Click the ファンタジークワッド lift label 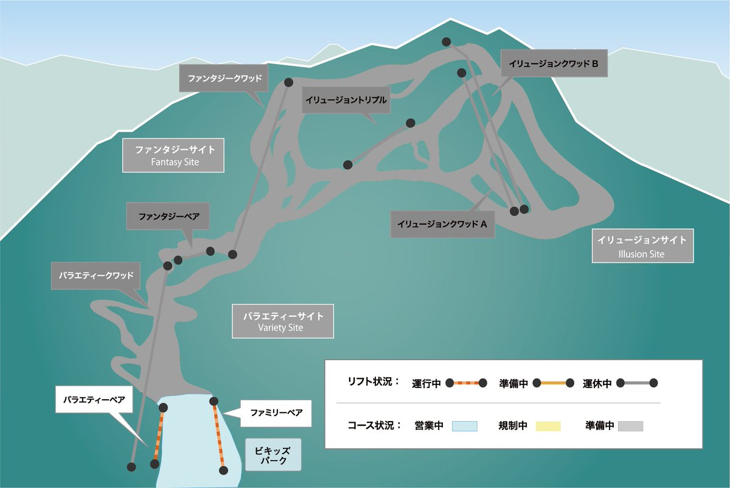click(224, 79)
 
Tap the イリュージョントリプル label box click(346, 100)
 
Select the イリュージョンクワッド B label click(554, 63)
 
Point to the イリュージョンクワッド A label click(443, 224)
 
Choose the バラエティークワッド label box click(96, 275)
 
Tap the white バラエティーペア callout click(94, 400)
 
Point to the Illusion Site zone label click(642, 246)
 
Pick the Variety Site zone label click(283, 321)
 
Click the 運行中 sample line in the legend click(466, 383)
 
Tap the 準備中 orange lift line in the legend click(553, 383)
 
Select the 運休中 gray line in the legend click(637, 383)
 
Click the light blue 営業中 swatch click(465, 425)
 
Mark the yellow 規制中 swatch click(547, 425)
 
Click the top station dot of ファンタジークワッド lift click(288, 82)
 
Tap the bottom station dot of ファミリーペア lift click(224, 470)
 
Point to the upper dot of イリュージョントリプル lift click(411, 123)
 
